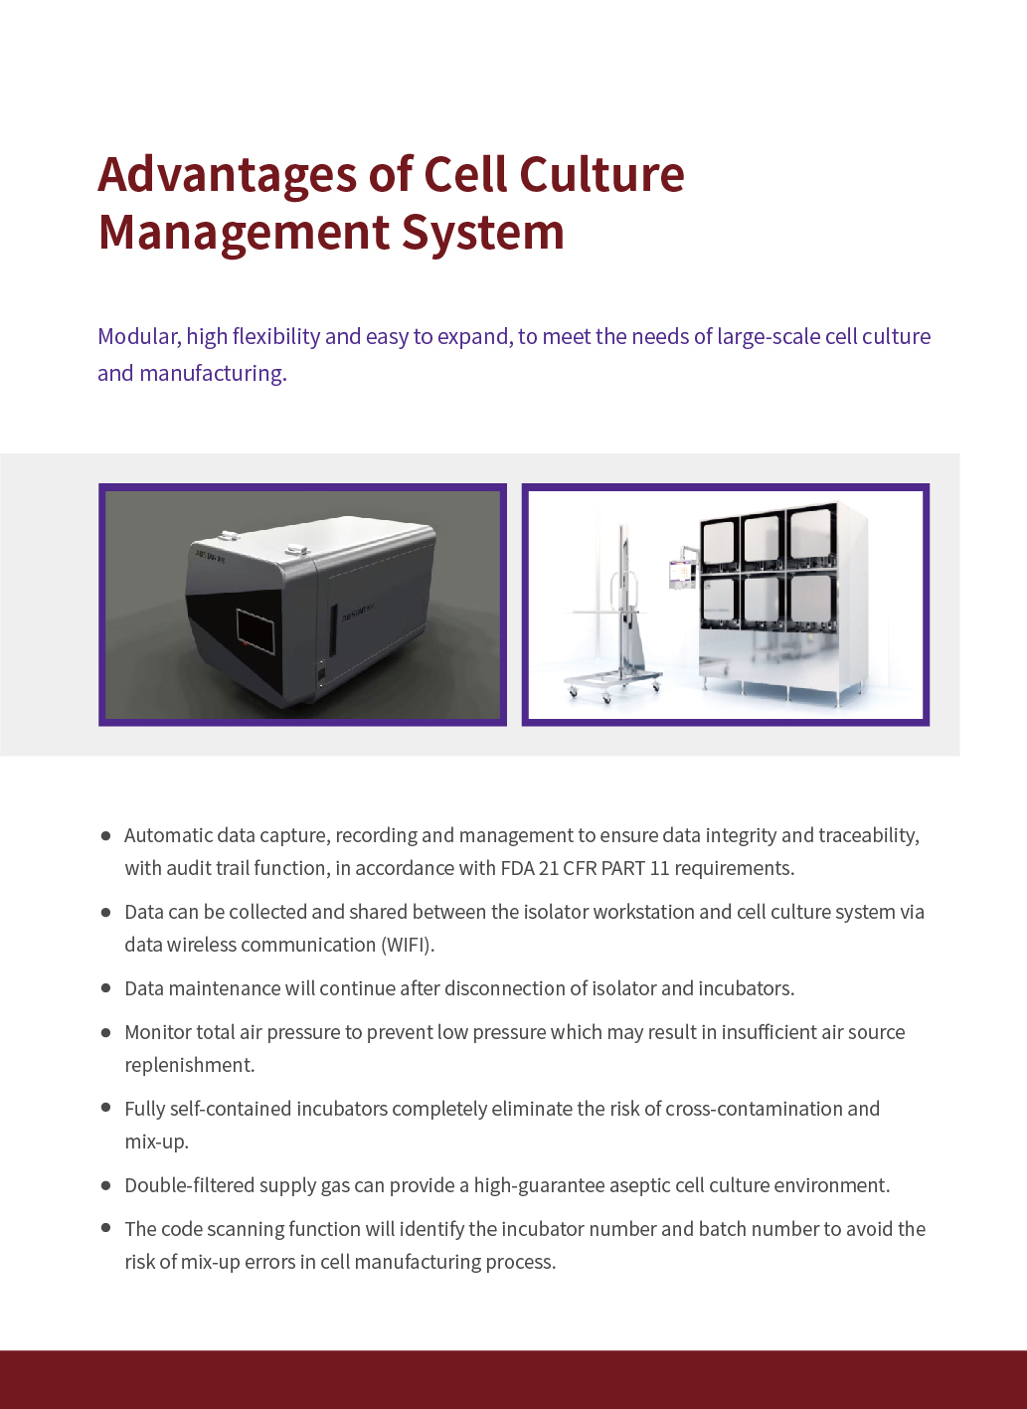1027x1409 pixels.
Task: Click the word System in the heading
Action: (x=482, y=234)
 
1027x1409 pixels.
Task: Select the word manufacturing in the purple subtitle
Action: (x=213, y=374)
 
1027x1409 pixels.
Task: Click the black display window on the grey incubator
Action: (x=256, y=631)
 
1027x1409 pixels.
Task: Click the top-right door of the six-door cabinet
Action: (x=812, y=537)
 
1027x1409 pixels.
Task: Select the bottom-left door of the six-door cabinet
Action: (x=718, y=604)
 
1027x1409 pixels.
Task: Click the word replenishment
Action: (x=189, y=1065)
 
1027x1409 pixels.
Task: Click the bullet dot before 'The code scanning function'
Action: (x=105, y=1227)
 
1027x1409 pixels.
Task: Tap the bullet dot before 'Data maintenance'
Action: (x=105, y=987)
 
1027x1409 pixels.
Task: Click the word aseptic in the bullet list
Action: (x=634, y=1185)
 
